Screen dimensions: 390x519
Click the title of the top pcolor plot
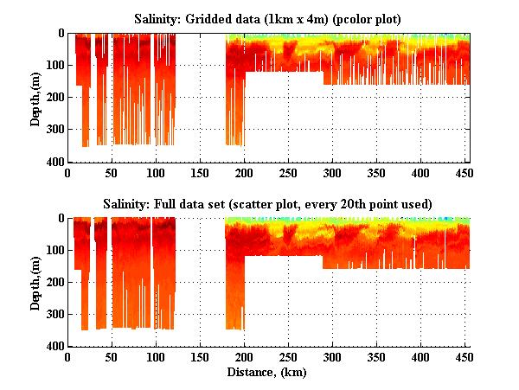click(x=272, y=17)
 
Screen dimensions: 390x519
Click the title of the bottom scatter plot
click(x=272, y=203)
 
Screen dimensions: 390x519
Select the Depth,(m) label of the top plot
click(x=35, y=97)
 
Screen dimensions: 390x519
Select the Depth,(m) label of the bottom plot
click(x=35, y=282)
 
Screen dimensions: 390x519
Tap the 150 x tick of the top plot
click(x=201, y=173)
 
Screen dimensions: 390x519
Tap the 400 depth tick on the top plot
click(x=55, y=163)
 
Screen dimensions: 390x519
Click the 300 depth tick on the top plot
click(x=55, y=130)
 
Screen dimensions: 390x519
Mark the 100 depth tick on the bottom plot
click(x=55, y=251)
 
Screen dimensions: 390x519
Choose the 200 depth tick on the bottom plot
click(x=55, y=283)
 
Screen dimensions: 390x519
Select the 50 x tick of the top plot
click(x=112, y=173)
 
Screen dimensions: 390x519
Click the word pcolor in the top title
click(x=353, y=17)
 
